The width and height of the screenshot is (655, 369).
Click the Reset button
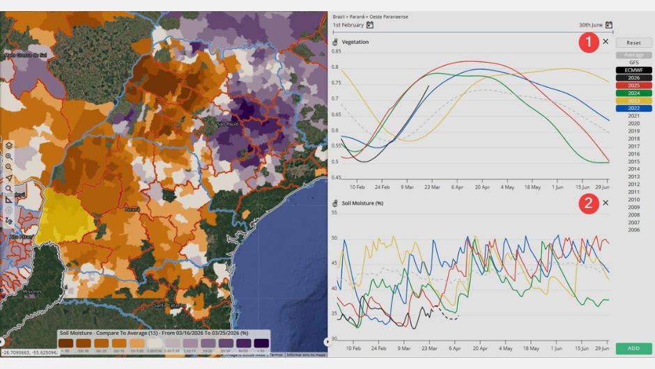[x=633, y=43]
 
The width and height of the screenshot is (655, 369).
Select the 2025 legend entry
[x=633, y=86]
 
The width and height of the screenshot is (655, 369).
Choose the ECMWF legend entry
[x=633, y=70]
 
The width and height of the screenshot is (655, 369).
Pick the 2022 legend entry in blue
[x=633, y=108]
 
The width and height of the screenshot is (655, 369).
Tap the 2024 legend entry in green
[x=633, y=93]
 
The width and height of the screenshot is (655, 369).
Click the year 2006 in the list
[x=633, y=230]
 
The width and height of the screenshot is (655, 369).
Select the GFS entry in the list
[x=633, y=63]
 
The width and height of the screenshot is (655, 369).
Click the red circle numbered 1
[x=588, y=42]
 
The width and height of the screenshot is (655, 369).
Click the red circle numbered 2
[x=588, y=203]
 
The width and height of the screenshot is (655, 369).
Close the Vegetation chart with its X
[x=606, y=42]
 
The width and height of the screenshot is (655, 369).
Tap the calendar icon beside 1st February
[x=370, y=25]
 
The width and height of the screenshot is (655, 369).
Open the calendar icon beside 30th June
[x=608, y=25]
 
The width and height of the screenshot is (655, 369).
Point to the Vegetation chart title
[x=355, y=42]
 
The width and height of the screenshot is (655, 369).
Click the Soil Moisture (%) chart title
[x=363, y=203]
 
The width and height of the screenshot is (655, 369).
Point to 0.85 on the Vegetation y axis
[x=337, y=52]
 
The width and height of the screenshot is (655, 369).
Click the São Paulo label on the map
[x=227, y=124]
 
